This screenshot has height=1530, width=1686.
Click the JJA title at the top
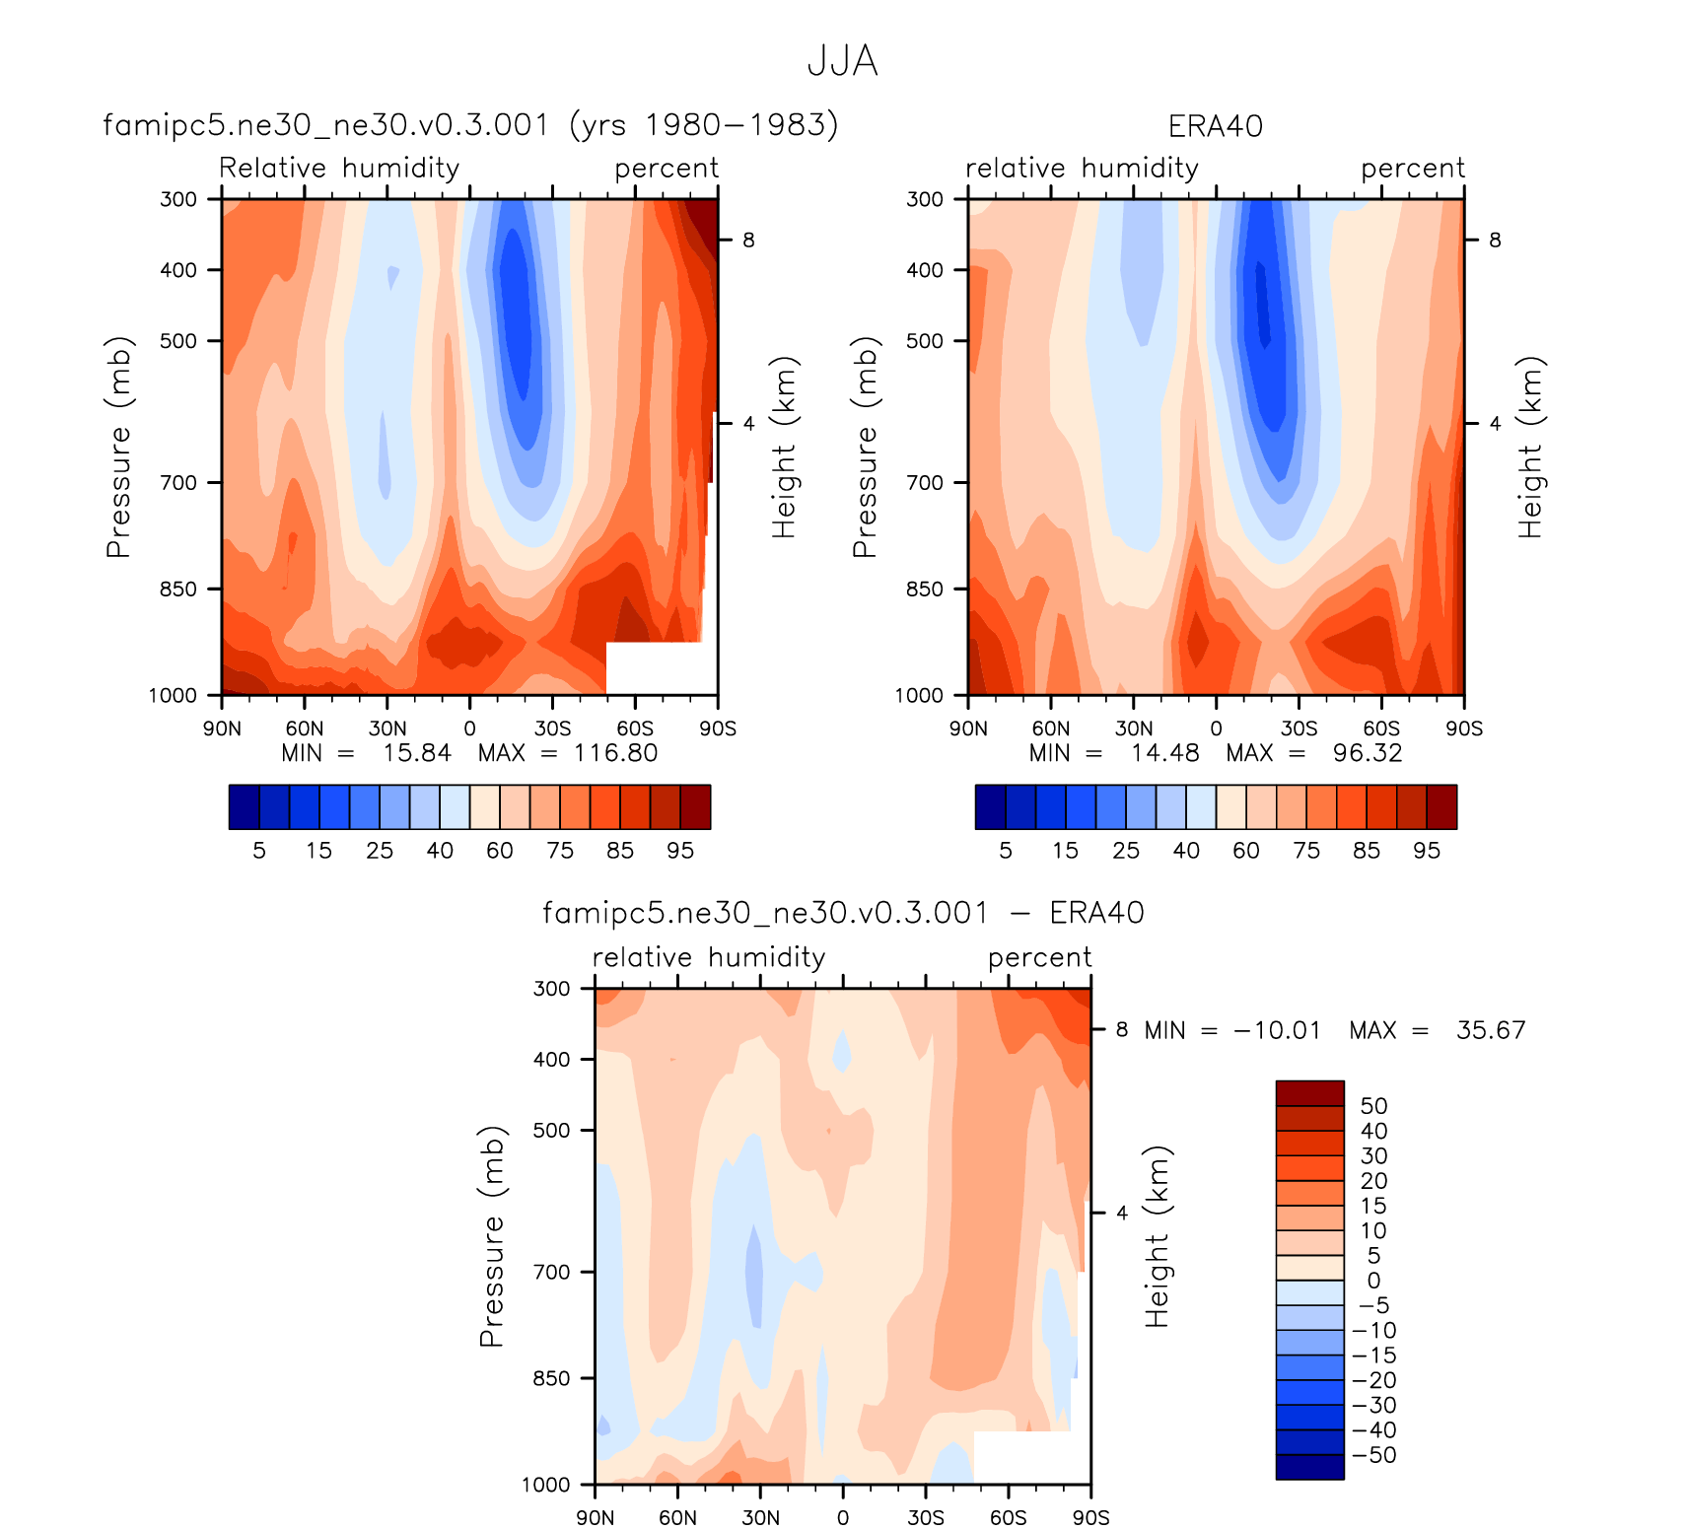(842, 61)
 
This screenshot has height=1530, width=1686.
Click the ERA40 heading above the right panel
(1215, 126)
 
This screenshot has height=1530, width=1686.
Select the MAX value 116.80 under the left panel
(616, 753)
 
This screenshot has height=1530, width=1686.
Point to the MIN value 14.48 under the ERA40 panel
(1165, 753)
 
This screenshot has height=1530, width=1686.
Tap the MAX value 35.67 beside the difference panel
(1491, 1030)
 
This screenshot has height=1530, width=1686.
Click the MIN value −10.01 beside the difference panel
(1277, 1030)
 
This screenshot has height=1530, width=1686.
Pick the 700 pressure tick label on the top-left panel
(178, 483)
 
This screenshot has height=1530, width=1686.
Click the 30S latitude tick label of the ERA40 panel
(1299, 729)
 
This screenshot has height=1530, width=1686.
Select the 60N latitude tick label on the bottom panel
(677, 1517)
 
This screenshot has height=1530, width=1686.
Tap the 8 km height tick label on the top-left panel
(748, 240)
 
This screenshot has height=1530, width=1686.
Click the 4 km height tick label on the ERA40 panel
(1495, 424)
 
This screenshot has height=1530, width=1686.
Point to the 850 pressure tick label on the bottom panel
(551, 1378)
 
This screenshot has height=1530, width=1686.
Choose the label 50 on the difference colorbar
(1373, 1106)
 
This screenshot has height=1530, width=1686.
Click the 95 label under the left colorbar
(680, 851)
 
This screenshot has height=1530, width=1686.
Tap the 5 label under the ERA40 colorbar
(1006, 851)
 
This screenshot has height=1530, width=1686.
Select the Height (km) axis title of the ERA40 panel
(1530, 447)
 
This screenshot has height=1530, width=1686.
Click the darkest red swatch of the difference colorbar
(1309, 1093)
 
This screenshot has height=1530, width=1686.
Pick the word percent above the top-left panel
(667, 169)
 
